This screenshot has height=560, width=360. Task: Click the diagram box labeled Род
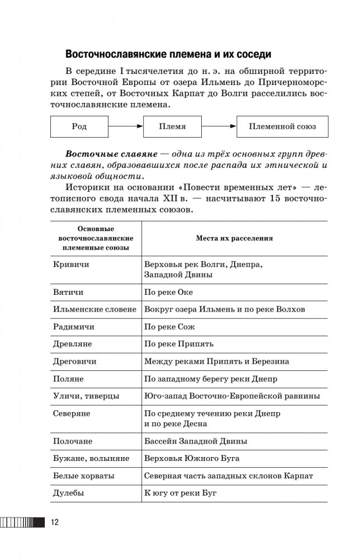tap(79, 126)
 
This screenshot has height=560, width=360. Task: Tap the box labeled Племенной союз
tap(282, 126)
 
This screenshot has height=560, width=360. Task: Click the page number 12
tap(55, 523)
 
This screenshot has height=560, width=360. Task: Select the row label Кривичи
tap(70, 263)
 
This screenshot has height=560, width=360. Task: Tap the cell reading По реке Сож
tap(169, 326)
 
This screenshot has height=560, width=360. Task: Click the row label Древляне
tap(73, 343)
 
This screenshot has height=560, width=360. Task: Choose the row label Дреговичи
tap(74, 361)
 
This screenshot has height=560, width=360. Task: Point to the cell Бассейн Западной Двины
tap(196, 441)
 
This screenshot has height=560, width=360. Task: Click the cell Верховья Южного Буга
tap(192, 459)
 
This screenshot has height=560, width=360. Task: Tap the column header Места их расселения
tap(234, 238)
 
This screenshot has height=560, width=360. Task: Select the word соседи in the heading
tap(251, 55)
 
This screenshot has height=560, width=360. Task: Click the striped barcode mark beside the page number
tap(22, 523)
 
